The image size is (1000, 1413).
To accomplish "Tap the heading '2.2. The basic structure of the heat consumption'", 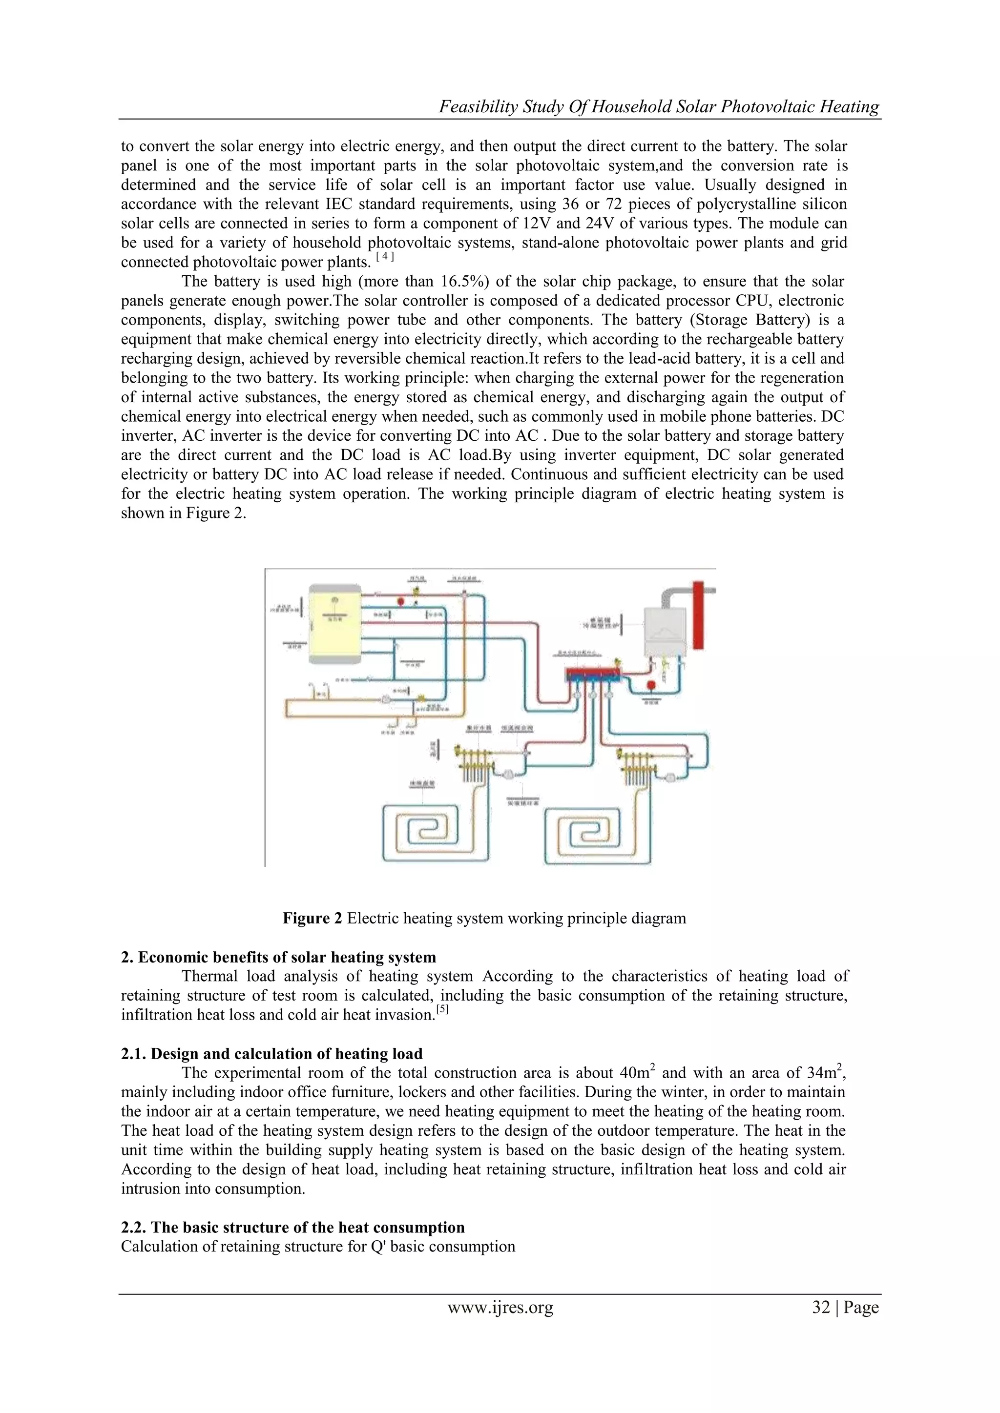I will pos(292,1227).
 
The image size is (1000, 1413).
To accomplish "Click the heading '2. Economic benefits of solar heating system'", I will pos(278,957).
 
